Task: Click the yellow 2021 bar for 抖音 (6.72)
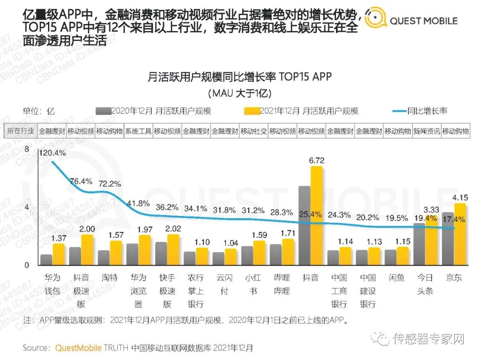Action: [x=316, y=216]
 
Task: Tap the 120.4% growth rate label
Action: [x=52, y=153]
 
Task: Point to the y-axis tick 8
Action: [x=26, y=150]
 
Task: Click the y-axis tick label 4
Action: [x=26, y=208]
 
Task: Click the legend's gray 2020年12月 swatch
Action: [x=103, y=111]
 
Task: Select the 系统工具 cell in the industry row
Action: [x=138, y=132]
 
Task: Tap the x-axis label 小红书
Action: [x=253, y=284]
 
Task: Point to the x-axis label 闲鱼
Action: [x=397, y=278]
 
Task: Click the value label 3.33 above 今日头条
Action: [x=432, y=209]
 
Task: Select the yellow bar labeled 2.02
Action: [x=173, y=249]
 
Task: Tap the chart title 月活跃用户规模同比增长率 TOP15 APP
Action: [x=240, y=77]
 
